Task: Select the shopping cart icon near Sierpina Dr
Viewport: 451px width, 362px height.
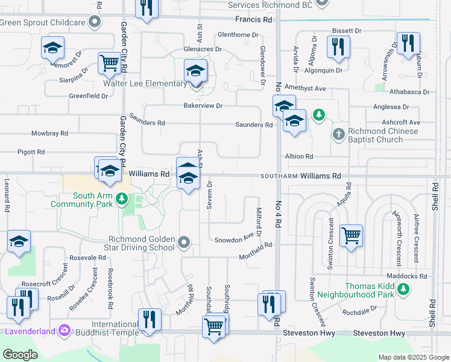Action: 109,63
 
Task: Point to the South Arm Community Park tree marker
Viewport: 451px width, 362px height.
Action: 122,198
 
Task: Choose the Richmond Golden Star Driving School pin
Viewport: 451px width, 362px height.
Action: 184,243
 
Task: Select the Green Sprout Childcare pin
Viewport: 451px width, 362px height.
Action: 94,23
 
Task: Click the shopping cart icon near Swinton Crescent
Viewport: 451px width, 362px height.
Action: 350,235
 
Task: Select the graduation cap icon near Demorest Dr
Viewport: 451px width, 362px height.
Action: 52,47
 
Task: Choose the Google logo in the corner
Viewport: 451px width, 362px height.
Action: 20,355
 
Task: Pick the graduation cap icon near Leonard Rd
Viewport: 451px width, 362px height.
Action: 19,241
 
